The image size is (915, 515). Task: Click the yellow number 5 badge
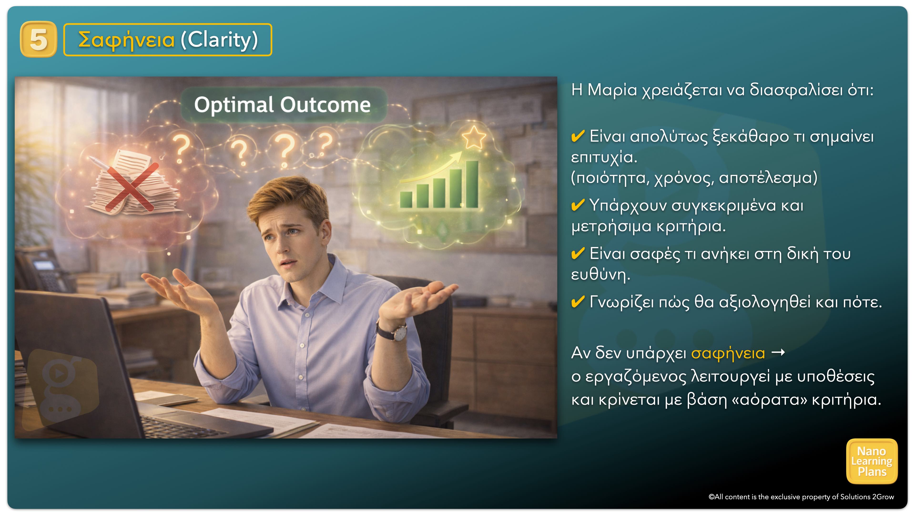(38, 39)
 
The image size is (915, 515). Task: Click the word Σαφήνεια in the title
(127, 40)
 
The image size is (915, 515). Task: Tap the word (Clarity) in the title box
(219, 40)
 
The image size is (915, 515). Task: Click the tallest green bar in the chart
(472, 184)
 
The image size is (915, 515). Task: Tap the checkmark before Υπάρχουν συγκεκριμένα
(578, 205)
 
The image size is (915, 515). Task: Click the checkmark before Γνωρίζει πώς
(578, 302)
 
